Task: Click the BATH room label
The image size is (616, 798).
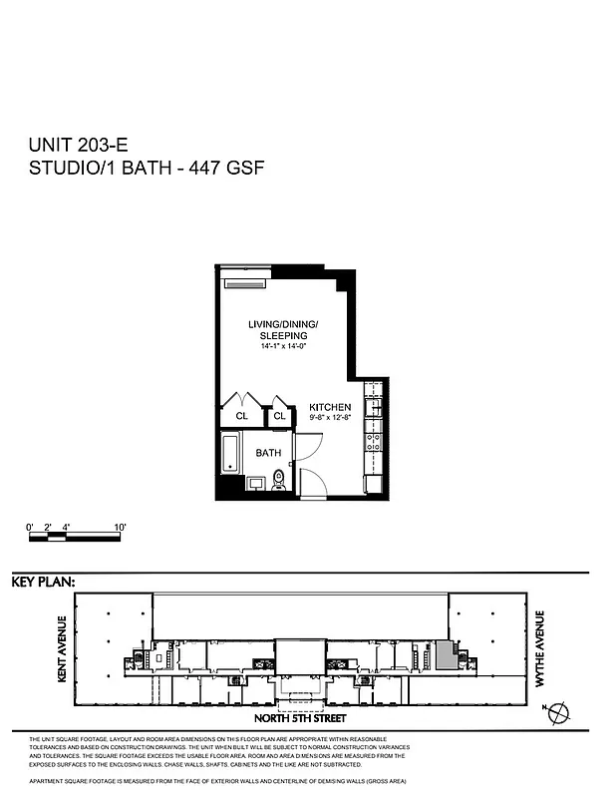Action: pos(268,453)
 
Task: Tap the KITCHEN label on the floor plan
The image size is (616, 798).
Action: pos(330,407)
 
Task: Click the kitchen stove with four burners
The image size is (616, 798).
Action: pos(376,440)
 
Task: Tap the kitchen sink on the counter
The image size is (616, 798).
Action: pos(376,404)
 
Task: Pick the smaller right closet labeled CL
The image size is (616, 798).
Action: pos(280,416)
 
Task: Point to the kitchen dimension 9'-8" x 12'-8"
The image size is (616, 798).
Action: pos(330,418)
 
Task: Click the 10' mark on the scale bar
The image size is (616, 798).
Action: pos(119,526)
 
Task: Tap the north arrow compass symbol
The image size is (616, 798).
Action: pos(560,712)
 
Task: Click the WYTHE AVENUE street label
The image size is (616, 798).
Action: pos(542,654)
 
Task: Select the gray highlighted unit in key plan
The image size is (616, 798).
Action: pos(444,654)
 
